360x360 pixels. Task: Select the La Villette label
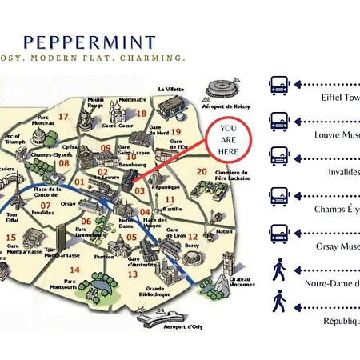click(x=171, y=89)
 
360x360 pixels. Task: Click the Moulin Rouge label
click(x=96, y=102)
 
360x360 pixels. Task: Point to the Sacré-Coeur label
click(x=117, y=126)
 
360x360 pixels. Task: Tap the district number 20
click(x=202, y=172)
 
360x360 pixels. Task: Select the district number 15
click(x=11, y=237)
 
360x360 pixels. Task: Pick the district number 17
click(x=62, y=117)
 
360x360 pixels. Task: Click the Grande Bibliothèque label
click(x=155, y=291)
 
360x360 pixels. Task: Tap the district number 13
click(x=132, y=274)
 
